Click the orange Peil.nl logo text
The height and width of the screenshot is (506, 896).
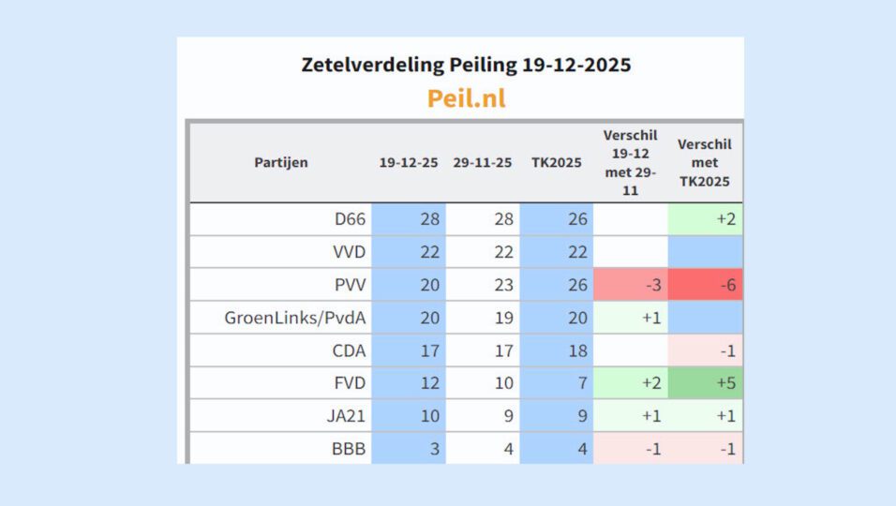pyautogui.click(x=466, y=97)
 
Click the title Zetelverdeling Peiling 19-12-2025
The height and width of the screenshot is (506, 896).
pyautogui.click(x=466, y=65)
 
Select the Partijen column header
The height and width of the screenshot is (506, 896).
pyautogui.click(x=280, y=162)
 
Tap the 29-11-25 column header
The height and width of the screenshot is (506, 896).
pyautogui.click(x=482, y=162)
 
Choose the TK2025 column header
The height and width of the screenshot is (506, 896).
pyautogui.click(x=556, y=162)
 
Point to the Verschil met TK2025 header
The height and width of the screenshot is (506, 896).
pyautogui.click(x=705, y=162)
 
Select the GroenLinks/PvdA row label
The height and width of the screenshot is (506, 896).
pyautogui.click(x=294, y=318)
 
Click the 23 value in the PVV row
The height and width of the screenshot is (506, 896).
pyautogui.click(x=503, y=285)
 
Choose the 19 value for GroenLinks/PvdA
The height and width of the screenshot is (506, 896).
pyautogui.click(x=503, y=318)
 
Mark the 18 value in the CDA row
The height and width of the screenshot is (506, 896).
pyautogui.click(x=577, y=350)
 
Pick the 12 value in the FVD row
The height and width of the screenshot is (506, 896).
pyautogui.click(x=428, y=383)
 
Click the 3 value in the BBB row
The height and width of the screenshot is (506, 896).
pyautogui.click(x=433, y=448)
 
